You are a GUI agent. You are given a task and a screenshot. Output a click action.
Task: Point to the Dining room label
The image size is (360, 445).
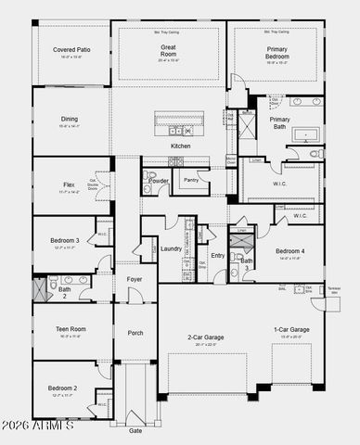[x=69, y=119]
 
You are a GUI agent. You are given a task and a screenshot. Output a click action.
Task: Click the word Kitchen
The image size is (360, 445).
[x=180, y=146]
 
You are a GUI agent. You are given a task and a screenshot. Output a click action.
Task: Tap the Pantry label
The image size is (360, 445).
[x=191, y=180]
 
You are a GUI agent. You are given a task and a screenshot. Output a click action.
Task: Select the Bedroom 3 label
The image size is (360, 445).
[x=64, y=241]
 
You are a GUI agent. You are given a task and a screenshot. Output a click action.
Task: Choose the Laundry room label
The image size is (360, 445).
[x=171, y=248]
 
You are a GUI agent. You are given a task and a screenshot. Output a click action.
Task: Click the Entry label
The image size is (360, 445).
[x=217, y=255]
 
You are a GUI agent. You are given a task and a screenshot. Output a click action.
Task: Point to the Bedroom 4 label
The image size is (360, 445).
[x=289, y=251]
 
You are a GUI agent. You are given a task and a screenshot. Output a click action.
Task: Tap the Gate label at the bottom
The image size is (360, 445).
[x=135, y=430]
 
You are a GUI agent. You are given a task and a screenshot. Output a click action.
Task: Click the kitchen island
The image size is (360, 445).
[x=179, y=121]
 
